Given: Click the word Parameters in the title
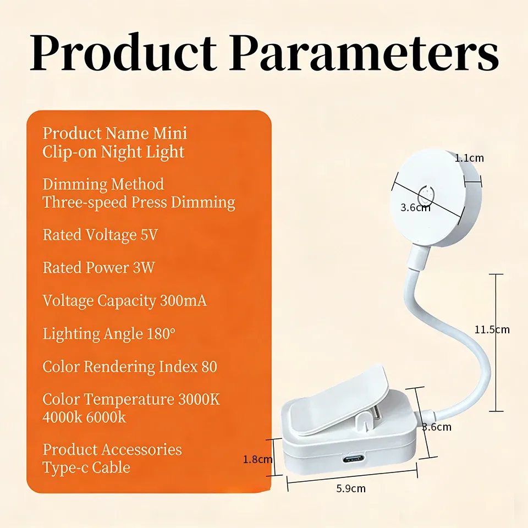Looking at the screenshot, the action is coord(364,53).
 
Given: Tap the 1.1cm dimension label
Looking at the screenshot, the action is coord(469,158).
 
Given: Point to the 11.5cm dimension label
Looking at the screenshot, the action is coord(492,329).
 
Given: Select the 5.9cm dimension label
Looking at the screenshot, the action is coord(351,488).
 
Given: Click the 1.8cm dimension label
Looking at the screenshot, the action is coord(258,459).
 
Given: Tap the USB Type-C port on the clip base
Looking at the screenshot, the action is coord(353,459).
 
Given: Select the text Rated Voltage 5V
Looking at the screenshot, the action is coord(100,235).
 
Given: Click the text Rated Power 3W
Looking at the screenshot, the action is coord(98,268).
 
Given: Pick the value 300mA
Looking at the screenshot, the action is coord(183,300).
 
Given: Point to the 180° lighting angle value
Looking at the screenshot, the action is coord(161,333).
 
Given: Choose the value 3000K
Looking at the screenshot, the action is coord(199,399).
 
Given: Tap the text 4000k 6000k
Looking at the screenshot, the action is coord(84,417).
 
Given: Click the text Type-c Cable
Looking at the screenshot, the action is coord(86,468).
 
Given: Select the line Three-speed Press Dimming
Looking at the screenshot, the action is coord(139,202).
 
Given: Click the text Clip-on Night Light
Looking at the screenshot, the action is coord(113,152).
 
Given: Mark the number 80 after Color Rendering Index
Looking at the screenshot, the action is coord(210,366).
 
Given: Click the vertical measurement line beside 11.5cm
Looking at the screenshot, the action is coord(496,343).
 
